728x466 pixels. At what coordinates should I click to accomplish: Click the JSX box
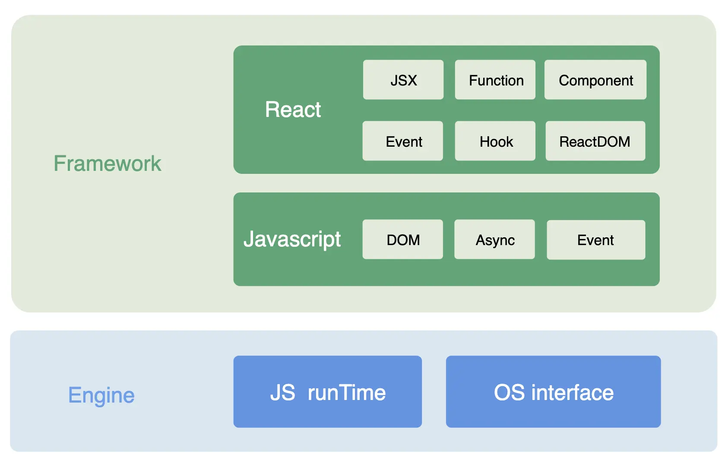(x=403, y=80)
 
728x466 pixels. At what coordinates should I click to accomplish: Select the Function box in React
(x=495, y=80)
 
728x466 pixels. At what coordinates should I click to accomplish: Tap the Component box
(x=595, y=80)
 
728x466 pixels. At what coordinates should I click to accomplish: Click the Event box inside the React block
(x=403, y=141)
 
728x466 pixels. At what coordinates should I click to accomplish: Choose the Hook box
(x=495, y=141)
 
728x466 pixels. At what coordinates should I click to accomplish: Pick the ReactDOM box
(x=595, y=141)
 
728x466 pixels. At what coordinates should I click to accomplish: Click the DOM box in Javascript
(x=403, y=239)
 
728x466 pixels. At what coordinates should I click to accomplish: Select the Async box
(x=495, y=239)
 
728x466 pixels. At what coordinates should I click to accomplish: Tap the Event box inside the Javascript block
(x=596, y=240)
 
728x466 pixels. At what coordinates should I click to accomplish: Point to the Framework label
(x=107, y=164)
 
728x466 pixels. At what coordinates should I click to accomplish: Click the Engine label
(x=101, y=395)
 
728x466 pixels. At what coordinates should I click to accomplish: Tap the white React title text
(x=293, y=110)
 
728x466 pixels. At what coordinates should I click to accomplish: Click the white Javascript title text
(x=292, y=239)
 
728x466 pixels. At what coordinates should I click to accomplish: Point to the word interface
(x=573, y=393)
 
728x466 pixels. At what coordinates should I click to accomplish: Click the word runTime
(x=347, y=393)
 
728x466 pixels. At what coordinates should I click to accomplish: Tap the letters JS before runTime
(x=283, y=393)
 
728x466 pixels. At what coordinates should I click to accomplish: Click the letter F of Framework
(x=60, y=164)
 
